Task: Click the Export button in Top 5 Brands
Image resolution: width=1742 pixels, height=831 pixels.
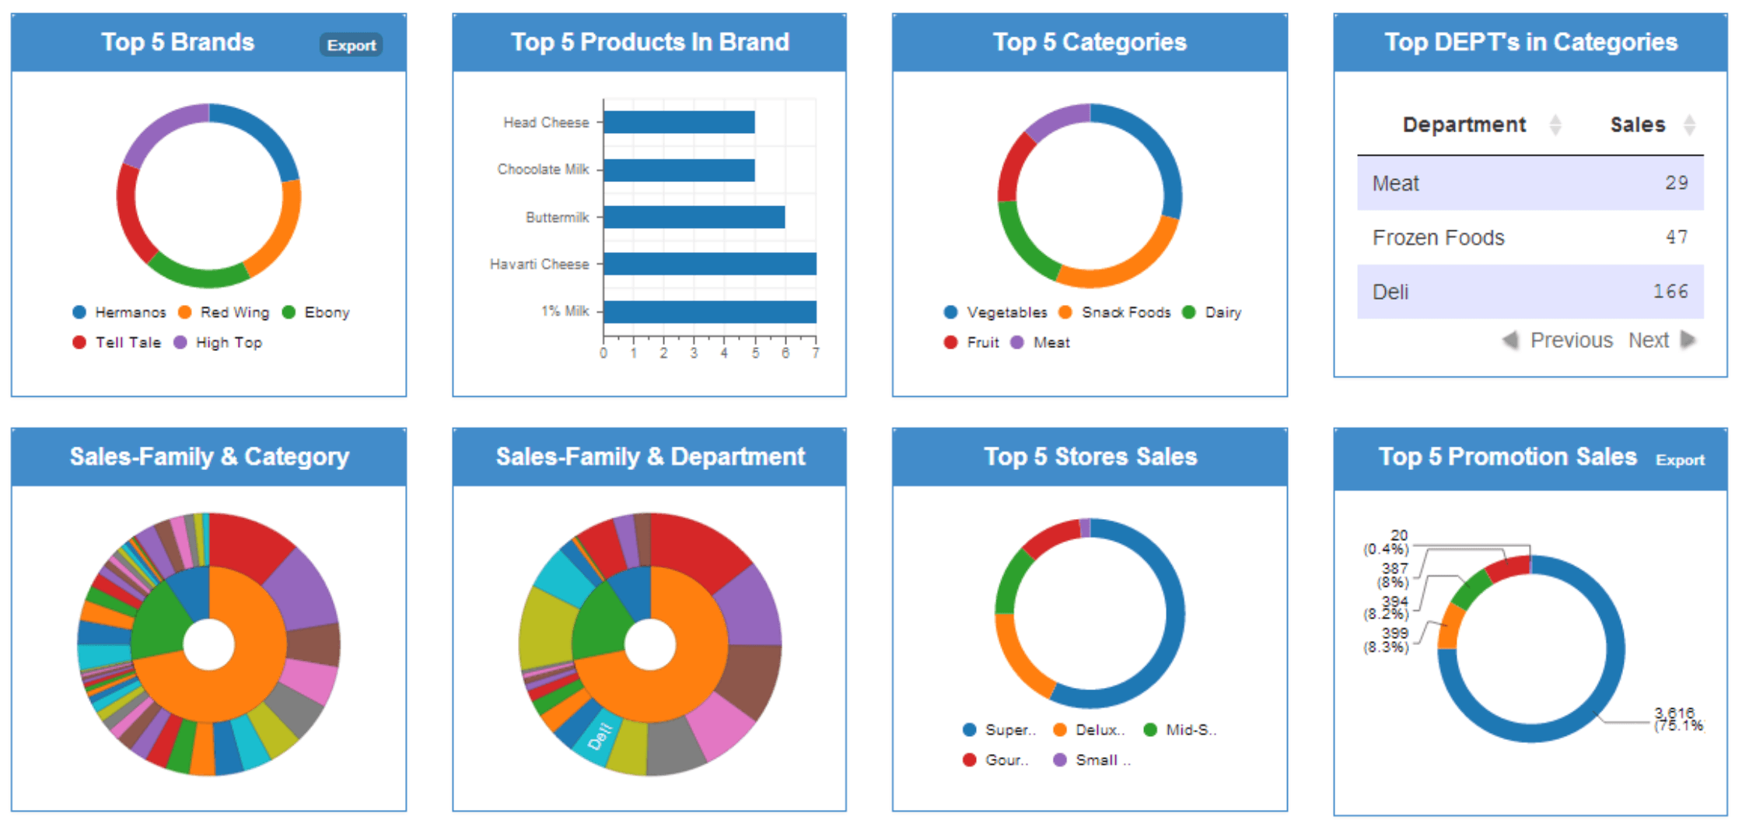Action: coord(352,45)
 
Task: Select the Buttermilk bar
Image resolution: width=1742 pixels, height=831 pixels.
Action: coord(694,217)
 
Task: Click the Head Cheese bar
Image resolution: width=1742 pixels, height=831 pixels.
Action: coord(679,122)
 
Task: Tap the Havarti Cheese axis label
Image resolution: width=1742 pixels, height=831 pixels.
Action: coord(539,265)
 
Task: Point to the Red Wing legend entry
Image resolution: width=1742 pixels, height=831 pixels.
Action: coord(226,312)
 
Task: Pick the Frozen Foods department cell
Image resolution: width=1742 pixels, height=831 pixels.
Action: coord(1438,237)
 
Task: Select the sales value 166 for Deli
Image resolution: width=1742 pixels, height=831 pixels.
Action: coord(1670,292)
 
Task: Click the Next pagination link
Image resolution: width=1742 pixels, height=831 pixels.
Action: coord(1649,340)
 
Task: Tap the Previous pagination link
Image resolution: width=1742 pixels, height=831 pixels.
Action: coord(1571,340)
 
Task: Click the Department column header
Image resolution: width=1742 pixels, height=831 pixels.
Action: coord(1464,124)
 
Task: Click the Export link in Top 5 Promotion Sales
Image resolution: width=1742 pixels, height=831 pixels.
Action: coord(1680,460)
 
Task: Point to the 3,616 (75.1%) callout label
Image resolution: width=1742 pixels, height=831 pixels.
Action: coord(1678,719)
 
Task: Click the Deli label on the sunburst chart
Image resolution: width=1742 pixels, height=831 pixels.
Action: coord(600,736)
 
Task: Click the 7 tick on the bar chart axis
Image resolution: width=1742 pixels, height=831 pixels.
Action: coord(815,353)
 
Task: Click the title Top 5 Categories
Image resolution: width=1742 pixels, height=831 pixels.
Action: coord(1090,42)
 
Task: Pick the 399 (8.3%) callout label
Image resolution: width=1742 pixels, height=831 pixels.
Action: coord(1388,640)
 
